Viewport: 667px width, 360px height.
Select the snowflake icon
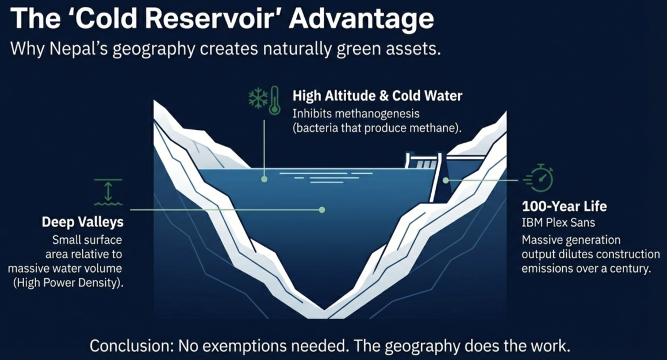(258, 98)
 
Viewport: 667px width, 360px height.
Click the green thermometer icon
(275, 100)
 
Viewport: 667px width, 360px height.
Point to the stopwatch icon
(539, 178)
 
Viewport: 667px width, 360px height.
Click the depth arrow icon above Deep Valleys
(108, 192)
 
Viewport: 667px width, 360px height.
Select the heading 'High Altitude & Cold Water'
(377, 95)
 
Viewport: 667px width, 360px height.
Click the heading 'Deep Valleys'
(83, 222)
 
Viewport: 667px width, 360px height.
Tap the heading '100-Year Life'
(564, 206)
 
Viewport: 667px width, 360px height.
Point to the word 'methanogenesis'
(377, 114)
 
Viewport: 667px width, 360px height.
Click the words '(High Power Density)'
(68, 282)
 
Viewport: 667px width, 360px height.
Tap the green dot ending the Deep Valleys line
(322, 210)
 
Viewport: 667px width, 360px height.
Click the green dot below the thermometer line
(264, 179)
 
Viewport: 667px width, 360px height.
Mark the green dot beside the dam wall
(446, 181)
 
